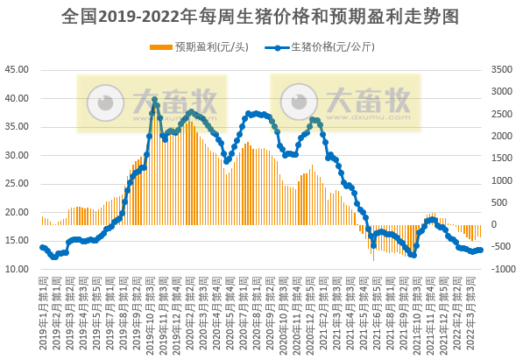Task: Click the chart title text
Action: (x=261, y=17)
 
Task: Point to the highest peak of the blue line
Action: (x=155, y=101)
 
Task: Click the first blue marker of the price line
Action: (x=43, y=247)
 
